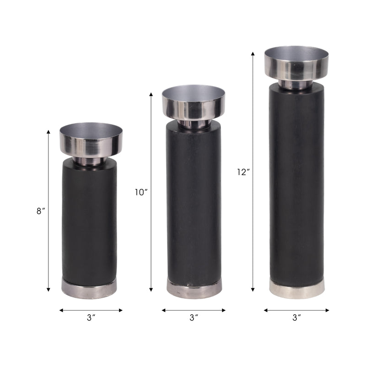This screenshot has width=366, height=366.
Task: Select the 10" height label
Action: (141, 193)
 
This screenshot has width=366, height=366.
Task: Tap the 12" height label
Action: (243, 172)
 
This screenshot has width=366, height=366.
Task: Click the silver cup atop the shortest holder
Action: (91, 140)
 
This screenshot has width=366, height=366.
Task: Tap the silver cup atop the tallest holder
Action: (296, 63)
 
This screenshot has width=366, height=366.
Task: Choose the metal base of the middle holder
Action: (194, 288)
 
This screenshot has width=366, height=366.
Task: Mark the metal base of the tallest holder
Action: (297, 289)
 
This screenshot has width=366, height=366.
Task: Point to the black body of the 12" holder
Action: (296, 183)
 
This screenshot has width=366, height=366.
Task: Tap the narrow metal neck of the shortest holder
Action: (90, 161)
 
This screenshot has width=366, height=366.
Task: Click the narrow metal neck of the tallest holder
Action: (296, 85)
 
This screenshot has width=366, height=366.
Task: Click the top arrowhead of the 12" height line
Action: (253, 54)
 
